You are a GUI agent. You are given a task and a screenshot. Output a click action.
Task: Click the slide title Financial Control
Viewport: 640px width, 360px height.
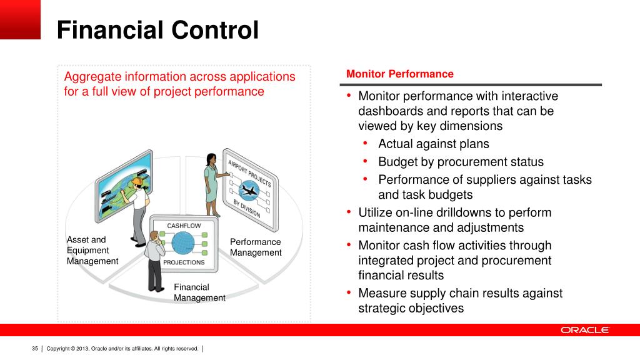(157, 31)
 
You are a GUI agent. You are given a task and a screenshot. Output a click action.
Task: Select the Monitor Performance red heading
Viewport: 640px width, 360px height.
(399, 74)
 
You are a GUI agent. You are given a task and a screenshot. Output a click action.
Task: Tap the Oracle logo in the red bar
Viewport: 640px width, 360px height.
(584, 330)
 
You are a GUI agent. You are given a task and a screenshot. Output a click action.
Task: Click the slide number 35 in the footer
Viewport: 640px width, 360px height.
(35, 348)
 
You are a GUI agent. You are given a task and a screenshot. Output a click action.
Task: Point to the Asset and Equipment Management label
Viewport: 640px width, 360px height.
(92, 250)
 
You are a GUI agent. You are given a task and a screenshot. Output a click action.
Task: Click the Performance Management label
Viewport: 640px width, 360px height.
(256, 247)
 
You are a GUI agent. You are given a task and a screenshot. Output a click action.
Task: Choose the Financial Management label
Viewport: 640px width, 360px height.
(199, 292)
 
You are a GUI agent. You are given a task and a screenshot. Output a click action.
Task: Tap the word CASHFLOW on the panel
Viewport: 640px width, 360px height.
(184, 225)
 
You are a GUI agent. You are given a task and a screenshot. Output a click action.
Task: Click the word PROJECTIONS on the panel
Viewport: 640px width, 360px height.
(184, 262)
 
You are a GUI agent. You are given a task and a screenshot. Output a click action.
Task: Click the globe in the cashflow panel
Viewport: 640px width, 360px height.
(184, 243)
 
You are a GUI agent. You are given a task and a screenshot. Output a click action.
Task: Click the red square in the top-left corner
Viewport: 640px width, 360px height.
(20, 19)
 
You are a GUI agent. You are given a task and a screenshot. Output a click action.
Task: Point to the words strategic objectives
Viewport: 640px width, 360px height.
(411, 308)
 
